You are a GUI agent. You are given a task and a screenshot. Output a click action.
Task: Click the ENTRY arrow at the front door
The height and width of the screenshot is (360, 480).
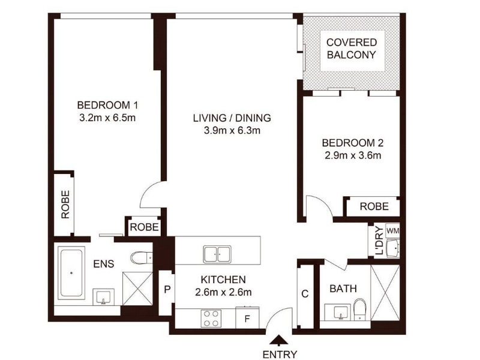coord(279,340)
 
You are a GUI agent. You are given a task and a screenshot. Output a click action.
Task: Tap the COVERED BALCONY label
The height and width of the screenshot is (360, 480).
coord(352,49)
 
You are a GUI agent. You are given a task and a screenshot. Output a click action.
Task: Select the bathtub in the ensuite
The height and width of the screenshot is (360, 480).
coord(71,273)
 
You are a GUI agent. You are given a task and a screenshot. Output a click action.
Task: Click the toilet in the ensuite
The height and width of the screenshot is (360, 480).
coord(141,257)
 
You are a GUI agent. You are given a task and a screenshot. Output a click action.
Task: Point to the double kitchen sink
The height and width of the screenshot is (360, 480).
coord(217,254)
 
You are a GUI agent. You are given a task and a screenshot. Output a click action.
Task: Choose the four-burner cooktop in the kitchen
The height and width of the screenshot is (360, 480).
coord(211,319)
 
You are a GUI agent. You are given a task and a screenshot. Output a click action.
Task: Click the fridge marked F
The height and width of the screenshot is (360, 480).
coord(247,318)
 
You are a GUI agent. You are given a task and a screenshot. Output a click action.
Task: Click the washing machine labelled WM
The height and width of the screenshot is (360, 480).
coord(392,230)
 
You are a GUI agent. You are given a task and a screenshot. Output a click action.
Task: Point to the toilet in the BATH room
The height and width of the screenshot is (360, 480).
coord(359,309)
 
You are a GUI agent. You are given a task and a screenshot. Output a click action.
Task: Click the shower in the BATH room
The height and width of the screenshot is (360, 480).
coord(385,293)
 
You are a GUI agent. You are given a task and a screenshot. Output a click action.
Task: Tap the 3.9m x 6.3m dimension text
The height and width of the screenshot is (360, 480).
coord(232,131)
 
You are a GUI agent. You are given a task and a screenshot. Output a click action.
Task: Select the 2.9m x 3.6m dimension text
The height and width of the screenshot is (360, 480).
coord(353,155)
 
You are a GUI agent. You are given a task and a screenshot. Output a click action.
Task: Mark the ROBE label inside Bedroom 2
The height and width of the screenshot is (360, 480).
coord(374,206)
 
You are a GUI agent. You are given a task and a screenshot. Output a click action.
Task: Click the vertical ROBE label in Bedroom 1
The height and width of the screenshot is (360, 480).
coord(65,205)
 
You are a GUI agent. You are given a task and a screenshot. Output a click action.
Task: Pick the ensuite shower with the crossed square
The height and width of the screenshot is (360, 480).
coord(137,289)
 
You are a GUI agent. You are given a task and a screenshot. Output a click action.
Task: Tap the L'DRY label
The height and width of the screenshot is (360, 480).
coord(379,241)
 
